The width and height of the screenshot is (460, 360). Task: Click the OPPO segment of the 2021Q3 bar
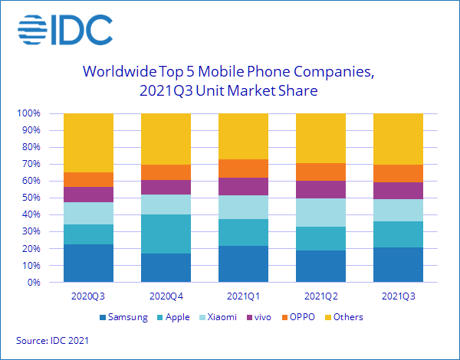396,173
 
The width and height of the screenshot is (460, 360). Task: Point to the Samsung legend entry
123,317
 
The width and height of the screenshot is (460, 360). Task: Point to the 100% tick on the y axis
30,113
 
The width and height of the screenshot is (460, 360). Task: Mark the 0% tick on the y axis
34,283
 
